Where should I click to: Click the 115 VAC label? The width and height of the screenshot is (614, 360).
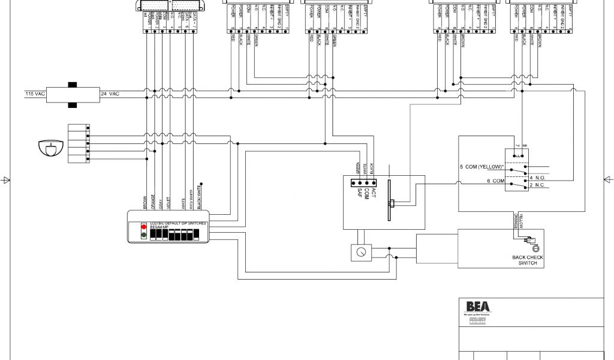point(35,94)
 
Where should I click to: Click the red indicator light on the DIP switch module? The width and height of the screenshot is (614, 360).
point(144,227)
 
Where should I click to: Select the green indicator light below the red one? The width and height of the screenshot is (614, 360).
point(144,236)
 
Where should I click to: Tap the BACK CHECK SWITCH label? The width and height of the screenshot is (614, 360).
point(528,260)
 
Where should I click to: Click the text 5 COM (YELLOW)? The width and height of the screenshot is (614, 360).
point(481,167)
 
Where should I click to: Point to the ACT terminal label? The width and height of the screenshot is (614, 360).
point(373,191)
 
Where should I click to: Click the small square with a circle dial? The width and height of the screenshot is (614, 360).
point(359,253)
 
